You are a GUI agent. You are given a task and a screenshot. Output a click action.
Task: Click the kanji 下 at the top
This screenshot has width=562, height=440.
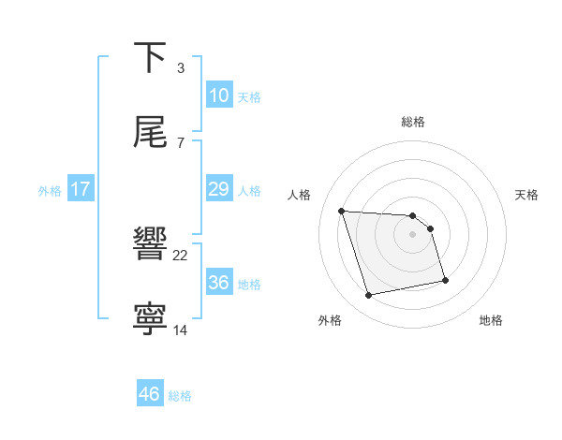coord(151,58)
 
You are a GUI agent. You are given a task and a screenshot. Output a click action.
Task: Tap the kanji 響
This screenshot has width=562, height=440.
coord(151,244)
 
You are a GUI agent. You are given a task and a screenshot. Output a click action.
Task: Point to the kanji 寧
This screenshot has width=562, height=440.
coord(151,319)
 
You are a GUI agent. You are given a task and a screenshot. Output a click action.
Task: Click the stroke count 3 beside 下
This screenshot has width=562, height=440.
coord(181,68)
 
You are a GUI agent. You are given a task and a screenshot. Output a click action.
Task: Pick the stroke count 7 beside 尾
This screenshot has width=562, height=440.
coord(181,142)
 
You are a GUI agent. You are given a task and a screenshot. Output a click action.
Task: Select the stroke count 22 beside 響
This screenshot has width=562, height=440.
coord(181,255)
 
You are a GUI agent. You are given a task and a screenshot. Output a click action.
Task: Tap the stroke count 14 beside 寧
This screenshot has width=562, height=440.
coord(181,330)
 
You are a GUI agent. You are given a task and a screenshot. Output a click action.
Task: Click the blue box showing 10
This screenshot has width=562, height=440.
coord(218,95)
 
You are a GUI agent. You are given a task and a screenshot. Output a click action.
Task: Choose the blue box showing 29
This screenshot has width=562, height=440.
coord(218,189)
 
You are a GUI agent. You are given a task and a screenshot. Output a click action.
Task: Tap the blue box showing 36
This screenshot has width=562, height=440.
coord(218,283)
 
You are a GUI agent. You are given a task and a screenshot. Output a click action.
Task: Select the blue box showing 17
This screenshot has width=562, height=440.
coord(80,189)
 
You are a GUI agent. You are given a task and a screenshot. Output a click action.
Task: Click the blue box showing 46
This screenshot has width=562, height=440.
coord(149,394)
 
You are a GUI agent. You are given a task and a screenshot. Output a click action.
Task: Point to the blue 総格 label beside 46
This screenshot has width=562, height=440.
coord(180,396)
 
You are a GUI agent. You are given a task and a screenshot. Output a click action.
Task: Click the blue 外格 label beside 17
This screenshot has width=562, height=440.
coord(50,191)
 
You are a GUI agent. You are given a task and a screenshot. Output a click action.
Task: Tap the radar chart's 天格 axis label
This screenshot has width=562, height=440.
coord(527,195)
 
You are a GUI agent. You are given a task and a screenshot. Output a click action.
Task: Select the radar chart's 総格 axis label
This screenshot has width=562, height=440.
coord(413,122)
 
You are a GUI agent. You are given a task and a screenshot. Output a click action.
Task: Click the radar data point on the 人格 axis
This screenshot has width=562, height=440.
coord(342,211)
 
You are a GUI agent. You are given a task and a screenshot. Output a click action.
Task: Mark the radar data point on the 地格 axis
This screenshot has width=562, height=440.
coord(445,280)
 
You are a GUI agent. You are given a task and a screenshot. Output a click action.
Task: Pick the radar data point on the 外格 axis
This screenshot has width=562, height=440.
coord(369,296)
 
